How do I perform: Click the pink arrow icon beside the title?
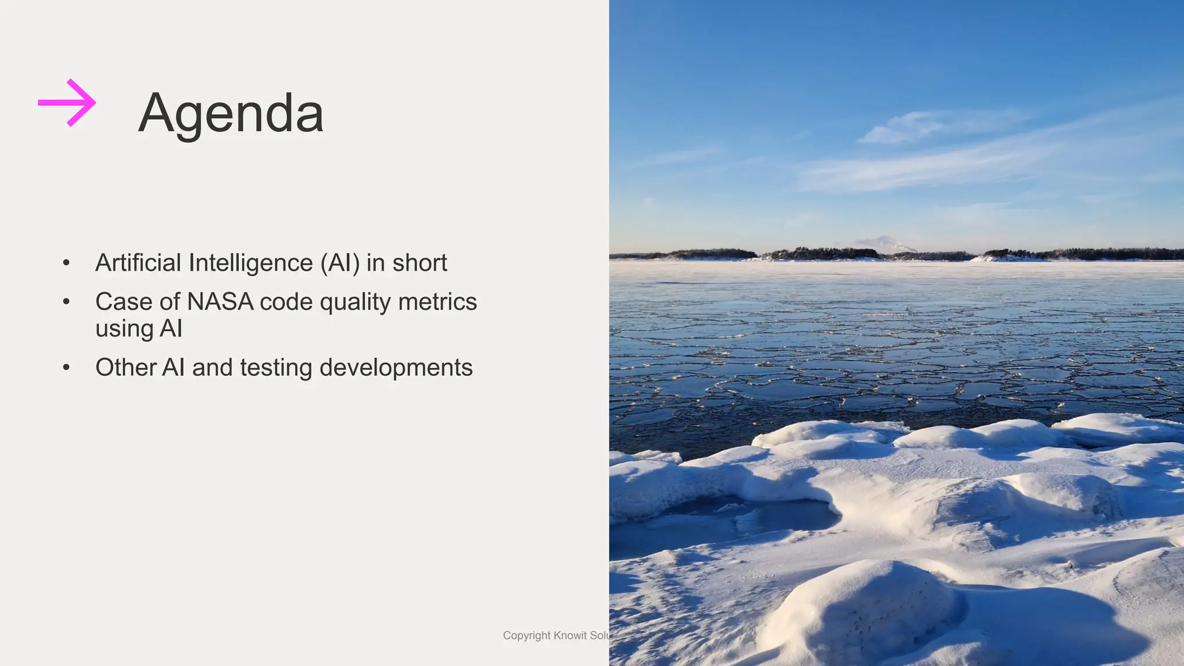[x=67, y=103]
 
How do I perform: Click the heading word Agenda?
[x=231, y=114]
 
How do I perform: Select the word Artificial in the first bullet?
[x=138, y=262]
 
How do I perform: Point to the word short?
[x=420, y=263]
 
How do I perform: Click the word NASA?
[x=220, y=302]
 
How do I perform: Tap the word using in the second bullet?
[x=124, y=329]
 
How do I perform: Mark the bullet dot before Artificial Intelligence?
[x=66, y=263]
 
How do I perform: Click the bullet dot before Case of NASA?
[x=66, y=302]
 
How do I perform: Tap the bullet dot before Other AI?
[x=66, y=368]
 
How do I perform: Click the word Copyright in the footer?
[x=526, y=635]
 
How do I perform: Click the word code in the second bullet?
[x=286, y=302]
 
